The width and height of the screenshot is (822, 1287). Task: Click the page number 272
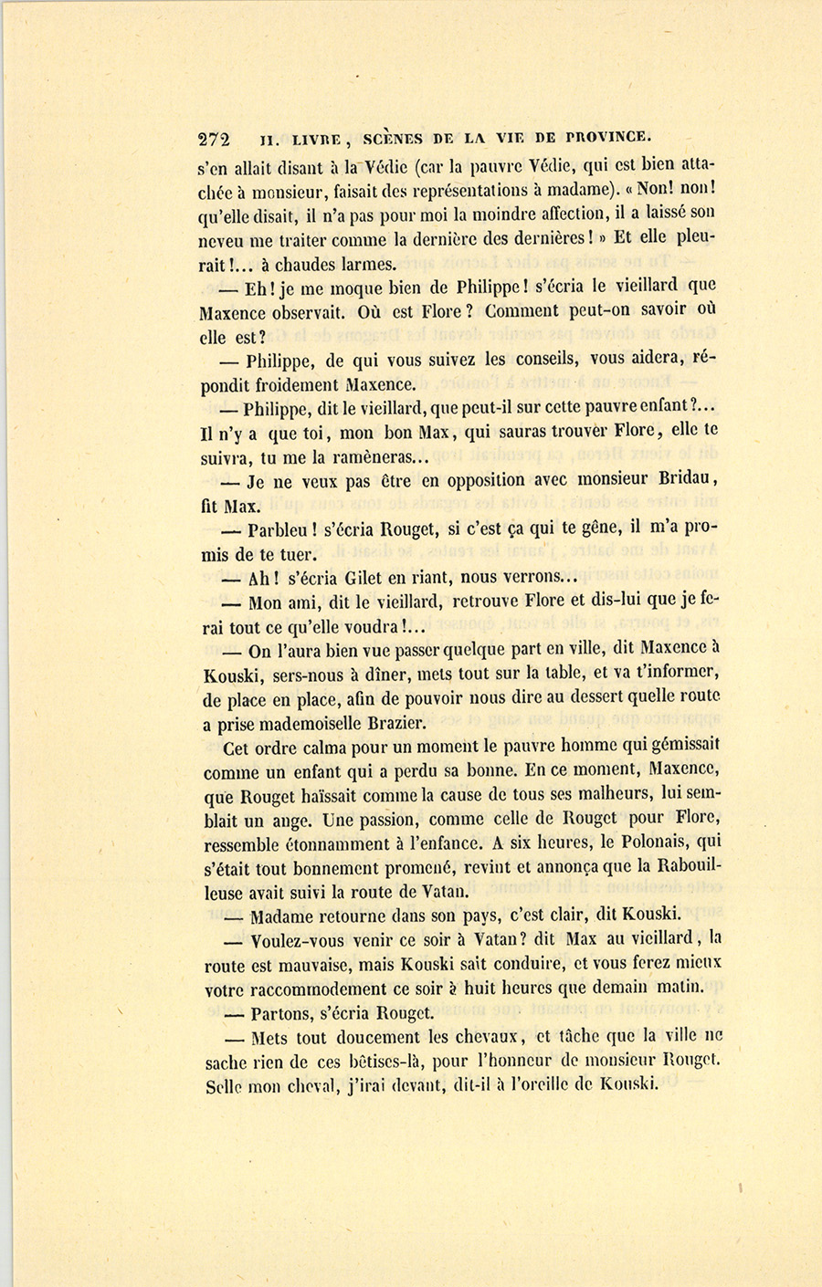point(215,140)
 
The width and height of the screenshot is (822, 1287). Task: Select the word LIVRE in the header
point(316,140)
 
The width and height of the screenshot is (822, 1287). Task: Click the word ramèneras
point(358,457)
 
